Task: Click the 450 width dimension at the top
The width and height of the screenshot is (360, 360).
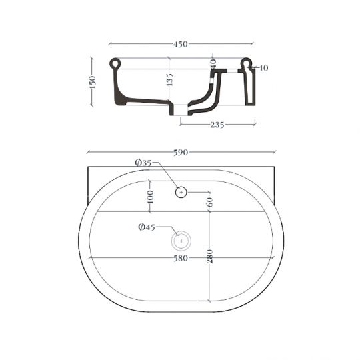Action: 180,45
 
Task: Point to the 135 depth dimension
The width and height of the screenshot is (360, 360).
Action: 169,80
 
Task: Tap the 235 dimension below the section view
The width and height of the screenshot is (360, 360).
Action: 217,124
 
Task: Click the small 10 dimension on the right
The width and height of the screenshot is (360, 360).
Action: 265,68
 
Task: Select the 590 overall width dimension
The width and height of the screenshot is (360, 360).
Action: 181,152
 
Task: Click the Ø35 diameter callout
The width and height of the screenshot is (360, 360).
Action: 143,163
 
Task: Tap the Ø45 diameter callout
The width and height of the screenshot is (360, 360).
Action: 146,227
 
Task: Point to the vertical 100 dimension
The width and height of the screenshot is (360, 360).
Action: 150,197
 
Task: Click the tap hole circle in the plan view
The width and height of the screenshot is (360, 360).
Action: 181,193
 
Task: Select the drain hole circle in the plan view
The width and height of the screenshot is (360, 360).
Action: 181,240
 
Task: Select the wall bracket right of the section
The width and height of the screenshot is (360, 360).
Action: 249,87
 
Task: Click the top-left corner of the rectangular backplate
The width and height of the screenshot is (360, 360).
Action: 88,167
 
